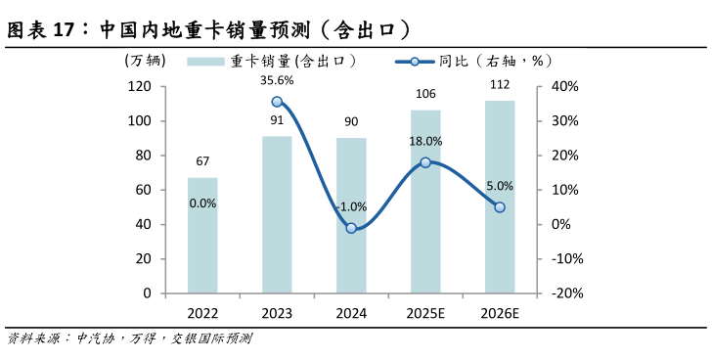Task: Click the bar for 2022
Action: click(202, 235)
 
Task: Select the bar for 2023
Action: click(277, 214)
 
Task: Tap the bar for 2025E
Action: click(425, 201)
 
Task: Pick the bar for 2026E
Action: click(500, 196)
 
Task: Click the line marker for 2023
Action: click(277, 102)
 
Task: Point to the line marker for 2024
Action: click(351, 228)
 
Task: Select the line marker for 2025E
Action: click(425, 162)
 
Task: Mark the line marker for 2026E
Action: click(500, 207)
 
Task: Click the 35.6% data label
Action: click(277, 79)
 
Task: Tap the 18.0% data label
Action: click(425, 142)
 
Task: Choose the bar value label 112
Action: click(500, 84)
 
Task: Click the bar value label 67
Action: click(202, 161)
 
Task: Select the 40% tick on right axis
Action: click(566, 86)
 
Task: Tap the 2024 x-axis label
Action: click(351, 313)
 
